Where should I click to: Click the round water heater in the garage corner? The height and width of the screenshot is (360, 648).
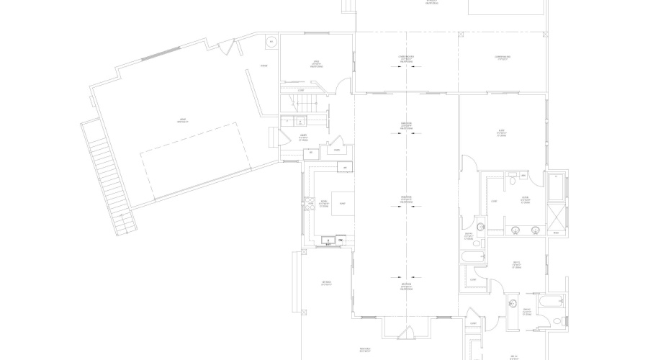click(271, 42)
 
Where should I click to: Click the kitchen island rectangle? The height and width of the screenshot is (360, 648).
click(343, 204)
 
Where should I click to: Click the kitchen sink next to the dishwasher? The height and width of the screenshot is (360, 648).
click(328, 240)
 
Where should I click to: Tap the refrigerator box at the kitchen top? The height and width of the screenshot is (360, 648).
click(346, 168)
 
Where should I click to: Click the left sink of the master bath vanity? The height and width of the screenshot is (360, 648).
click(516, 230)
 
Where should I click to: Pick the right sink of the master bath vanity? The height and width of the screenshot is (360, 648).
click(535, 230)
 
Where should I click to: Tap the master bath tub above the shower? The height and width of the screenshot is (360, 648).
click(557, 186)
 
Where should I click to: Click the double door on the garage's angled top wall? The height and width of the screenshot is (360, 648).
click(229, 48)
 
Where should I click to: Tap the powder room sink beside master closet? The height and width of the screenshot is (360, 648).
click(480, 228)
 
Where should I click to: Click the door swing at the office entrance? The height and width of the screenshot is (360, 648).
click(345, 84)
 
